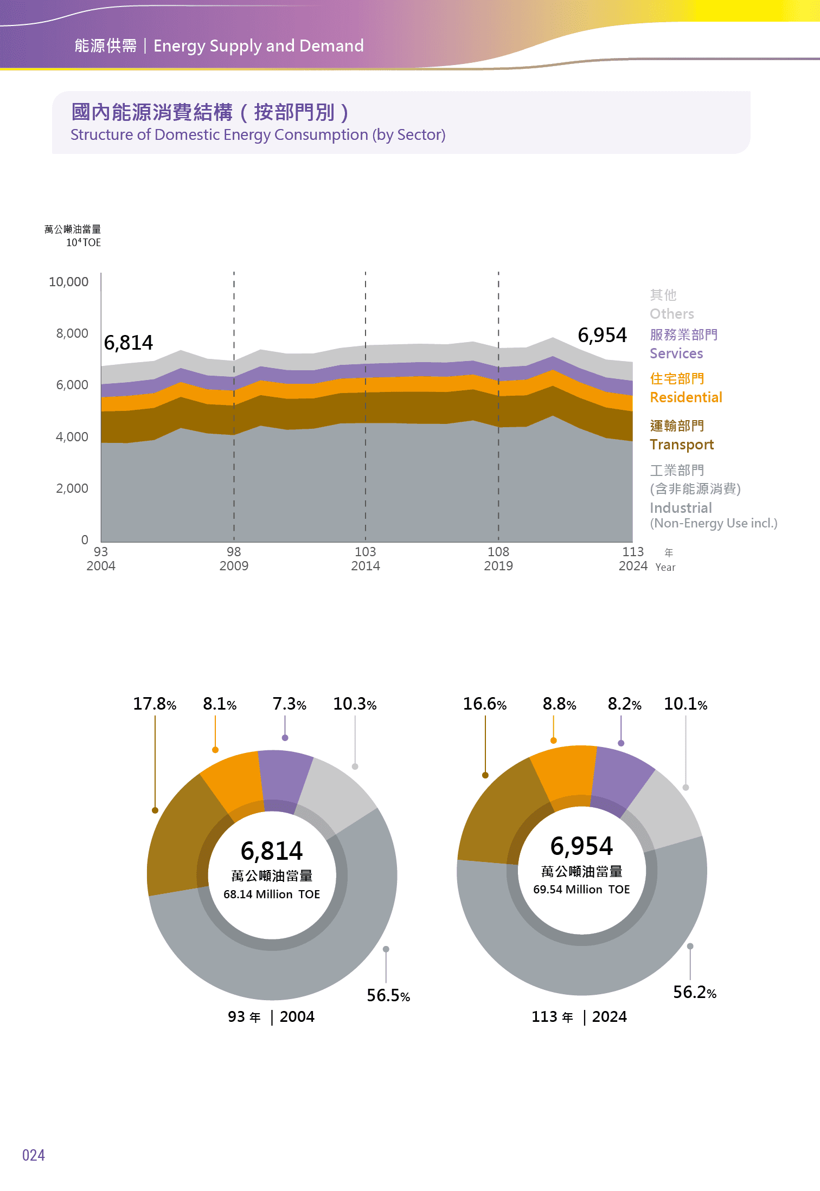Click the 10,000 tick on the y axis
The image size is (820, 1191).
pyautogui.click(x=68, y=282)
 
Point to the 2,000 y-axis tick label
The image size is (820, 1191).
pyautogui.click(x=72, y=488)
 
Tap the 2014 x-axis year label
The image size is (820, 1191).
pyautogui.click(x=366, y=566)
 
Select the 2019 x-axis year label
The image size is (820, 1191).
pyautogui.click(x=498, y=566)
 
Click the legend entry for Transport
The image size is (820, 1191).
pyautogui.click(x=681, y=445)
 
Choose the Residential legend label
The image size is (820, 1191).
pyautogui.click(x=686, y=397)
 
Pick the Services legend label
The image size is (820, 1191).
pyautogui.click(x=676, y=353)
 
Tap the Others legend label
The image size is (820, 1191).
pyautogui.click(x=671, y=314)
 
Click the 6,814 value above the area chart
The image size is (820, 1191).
pyautogui.click(x=129, y=343)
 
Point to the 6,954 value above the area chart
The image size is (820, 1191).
pyautogui.click(x=602, y=335)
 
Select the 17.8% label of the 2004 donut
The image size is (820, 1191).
pyautogui.click(x=155, y=704)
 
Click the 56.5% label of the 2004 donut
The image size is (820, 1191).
pyautogui.click(x=388, y=995)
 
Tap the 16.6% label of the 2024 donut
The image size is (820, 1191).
pyautogui.click(x=484, y=704)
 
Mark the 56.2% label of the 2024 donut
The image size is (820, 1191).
pyautogui.click(x=695, y=992)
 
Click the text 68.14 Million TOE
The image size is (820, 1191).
pyautogui.click(x=272, y=894)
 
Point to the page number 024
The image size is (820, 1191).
pyautogui.click(x=34, y=1155)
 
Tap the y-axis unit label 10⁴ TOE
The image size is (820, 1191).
pyautogui.click(x=84, y=243)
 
